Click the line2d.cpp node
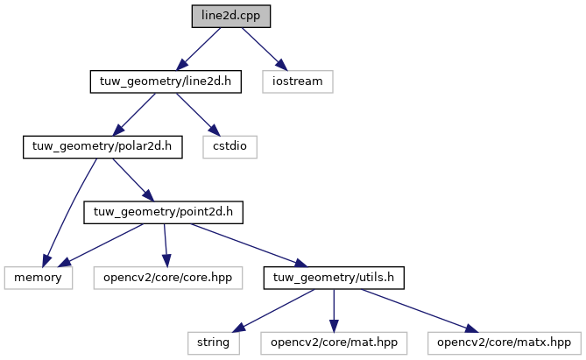click(231, 16)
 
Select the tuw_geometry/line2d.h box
click(166, 81)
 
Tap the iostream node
click(298, 81)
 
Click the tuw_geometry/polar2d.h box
click(102, 147)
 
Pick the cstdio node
click(229, 147)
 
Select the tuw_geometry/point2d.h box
click(163, 212)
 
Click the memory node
click(39, 278)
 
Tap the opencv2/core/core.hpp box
click(168, 278)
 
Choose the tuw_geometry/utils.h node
click(334, 278)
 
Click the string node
click(214, 343)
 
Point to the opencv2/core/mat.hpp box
click(334, 343)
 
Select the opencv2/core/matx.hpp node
click(505, 343)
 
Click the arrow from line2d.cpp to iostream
click(265, 49)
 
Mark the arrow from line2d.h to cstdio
click(198, 115)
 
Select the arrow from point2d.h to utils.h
click(249, 245)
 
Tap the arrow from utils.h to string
click(273, 311)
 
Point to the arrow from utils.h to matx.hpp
click(420, 311)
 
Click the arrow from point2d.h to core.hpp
click(166, 245)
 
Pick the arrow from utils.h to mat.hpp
click(334, 311)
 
